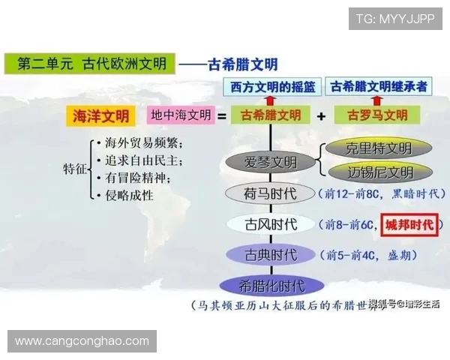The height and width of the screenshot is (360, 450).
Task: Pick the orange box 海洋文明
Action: coord(100,115)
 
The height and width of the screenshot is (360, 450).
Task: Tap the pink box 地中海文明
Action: coord(181,115)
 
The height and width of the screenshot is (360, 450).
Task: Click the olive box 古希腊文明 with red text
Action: coord(271,115)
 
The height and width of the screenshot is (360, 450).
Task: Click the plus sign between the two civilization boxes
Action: coord(321,116)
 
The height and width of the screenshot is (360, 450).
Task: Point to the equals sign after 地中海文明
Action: coord(222,116)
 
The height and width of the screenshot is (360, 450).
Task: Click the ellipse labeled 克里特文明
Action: coord(369,148)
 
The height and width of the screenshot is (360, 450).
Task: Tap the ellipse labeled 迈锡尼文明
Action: coord(370,172)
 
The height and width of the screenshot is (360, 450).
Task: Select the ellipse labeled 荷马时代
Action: coord(271,193)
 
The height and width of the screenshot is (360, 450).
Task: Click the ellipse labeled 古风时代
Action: coord(271,224)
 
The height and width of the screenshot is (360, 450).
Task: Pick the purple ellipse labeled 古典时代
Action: coord(271,255)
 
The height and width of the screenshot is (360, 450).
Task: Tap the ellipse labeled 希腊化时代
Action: coord(271,286)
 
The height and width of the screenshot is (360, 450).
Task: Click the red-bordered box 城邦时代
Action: coord(409,224)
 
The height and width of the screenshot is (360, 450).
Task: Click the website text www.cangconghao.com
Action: coord(82,341)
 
